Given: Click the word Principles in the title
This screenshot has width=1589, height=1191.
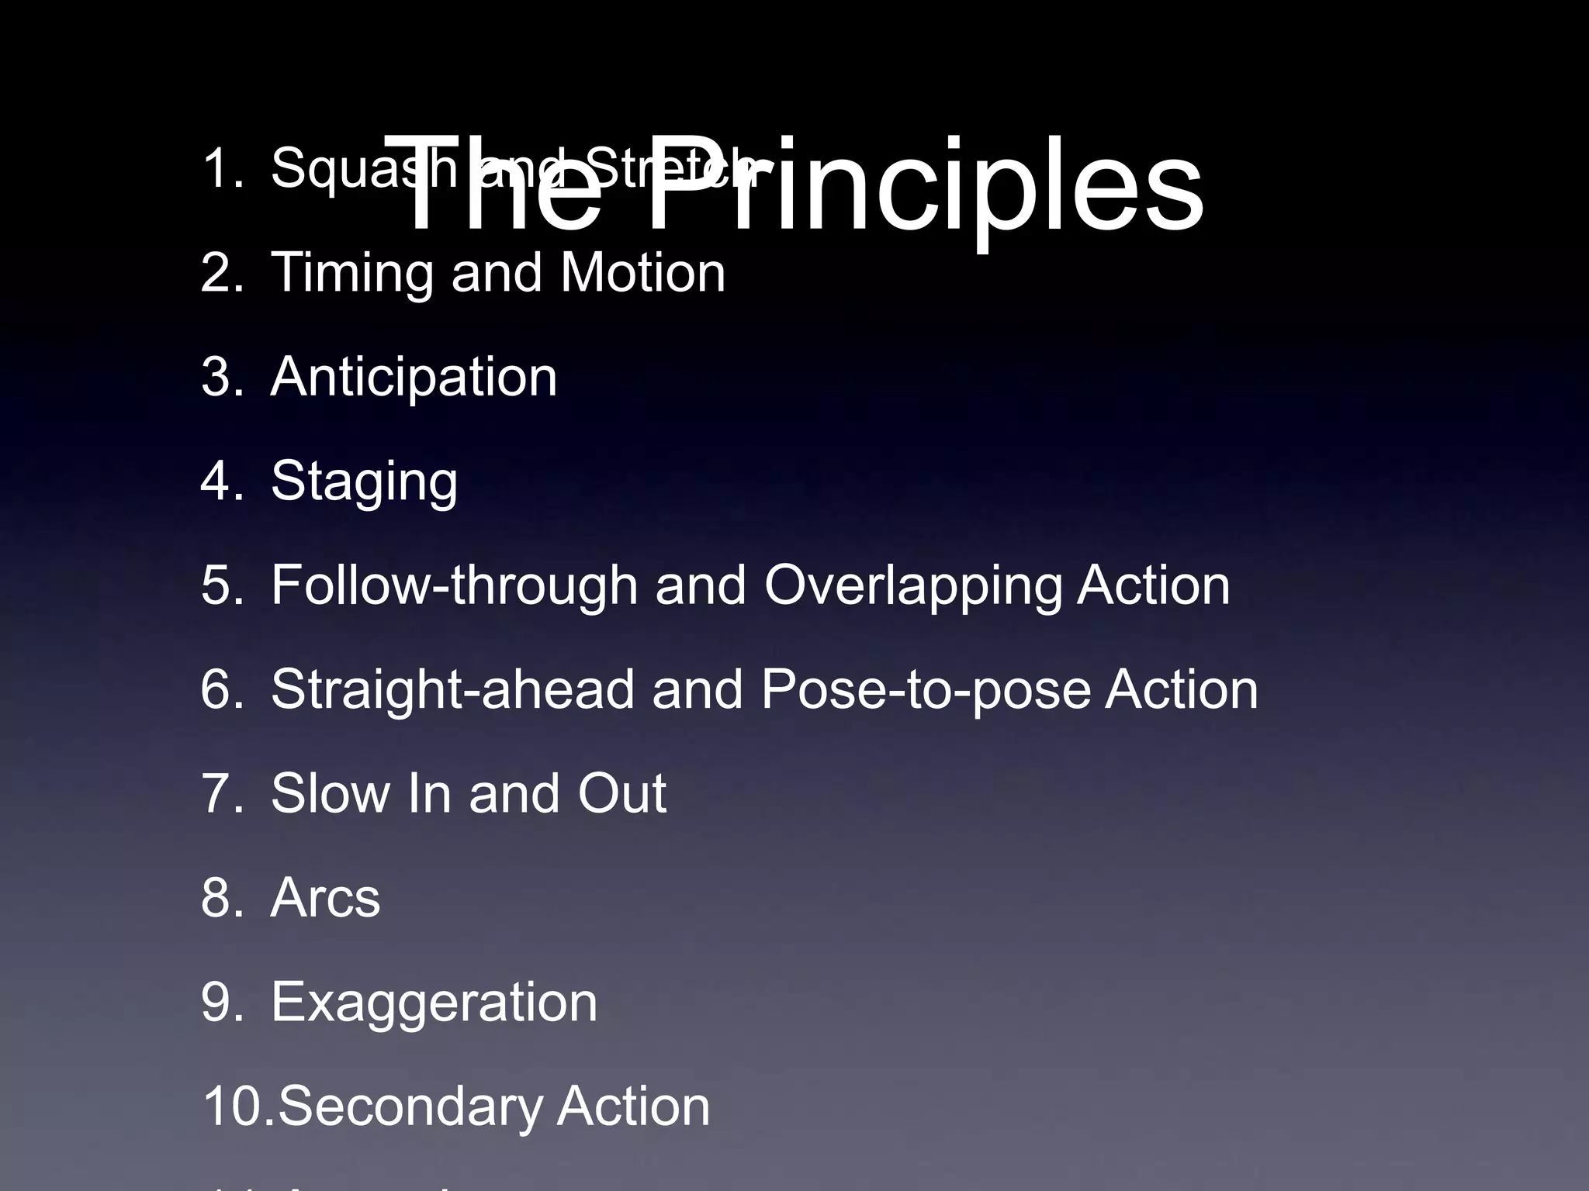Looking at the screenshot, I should [x=923, y=186].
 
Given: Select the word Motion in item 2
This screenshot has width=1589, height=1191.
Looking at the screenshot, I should [x=642, y=273].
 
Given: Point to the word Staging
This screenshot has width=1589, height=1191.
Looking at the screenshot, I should [x=364, y=482].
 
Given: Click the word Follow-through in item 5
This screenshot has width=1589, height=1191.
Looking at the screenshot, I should [x=454, y=585].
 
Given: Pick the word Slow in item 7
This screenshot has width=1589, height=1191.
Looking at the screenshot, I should [x=327, y=793].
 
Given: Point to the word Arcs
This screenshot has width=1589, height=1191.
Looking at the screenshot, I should [x=325, y=898].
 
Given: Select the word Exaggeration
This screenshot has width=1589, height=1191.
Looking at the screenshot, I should [x=434, y=1003].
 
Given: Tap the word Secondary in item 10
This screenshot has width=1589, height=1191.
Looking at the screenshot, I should [x=408, y=1106].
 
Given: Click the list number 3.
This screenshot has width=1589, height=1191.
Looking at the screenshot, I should [x=221, y=378].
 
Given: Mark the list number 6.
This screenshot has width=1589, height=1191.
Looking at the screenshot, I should [x=221, y=689].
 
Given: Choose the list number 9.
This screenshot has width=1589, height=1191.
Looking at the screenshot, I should [x=221, y=1002].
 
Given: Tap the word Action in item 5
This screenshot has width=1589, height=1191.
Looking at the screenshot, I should [x=1153, y=585].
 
